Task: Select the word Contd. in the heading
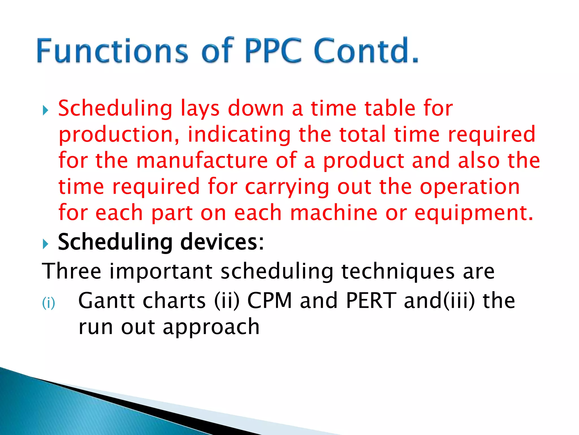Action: pyautogui.click(x=366, y=51)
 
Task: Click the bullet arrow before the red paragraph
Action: pyautogui.click(x=46, y=110)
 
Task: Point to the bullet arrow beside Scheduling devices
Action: pyautogui.click(x=46, y=244)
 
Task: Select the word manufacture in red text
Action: pyautogui.click(x=202, y=161)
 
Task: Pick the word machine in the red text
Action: pyautogui.click(x=334, y=213)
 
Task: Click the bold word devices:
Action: pyautogui.click(x=222, y=242)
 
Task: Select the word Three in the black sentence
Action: pyautogui.click(x=72, y=271)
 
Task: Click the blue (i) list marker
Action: pyautogui.click(x=48, y=303)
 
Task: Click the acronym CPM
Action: pyautogui.click(x=269, y=301)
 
